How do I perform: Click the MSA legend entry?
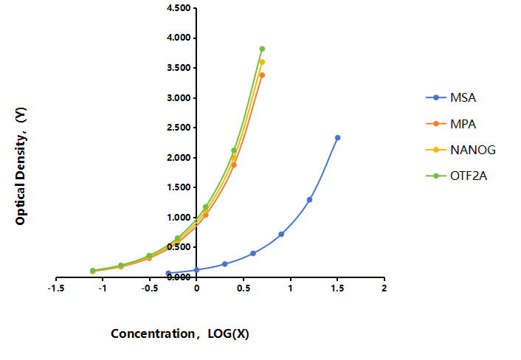pyautogui.click(x=451, y=97)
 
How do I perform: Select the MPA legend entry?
pyautogui.click(x=451, y=124)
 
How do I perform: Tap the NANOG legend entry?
pyautogui.click(x=460, y=150)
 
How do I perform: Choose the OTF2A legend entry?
pyautogui.click(x=456, y=176)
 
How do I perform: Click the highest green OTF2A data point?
pyautogui.click(x=262, y=49)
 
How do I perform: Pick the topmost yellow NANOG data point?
pyautogui.click(x=262, y=62)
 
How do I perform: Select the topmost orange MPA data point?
pyautogui.click(x=262, y=75)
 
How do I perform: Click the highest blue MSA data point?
pyautogui.click(x=337, y=137)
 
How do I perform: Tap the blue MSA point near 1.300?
pyautogui.click(x=309, y=200)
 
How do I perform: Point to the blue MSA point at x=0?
pyautogui.click(x=196, y=270)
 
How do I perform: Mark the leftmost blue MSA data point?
pyautogui.click(x=168, y=273)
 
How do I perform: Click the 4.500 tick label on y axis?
pyautogui.click(x=179, y=8)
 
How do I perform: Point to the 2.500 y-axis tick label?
pyautogui.click(x=179, y=128)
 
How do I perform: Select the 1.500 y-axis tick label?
pyautogui.click(x=179, y=187)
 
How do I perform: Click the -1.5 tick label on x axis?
pyautogui.click(x=56, y=288)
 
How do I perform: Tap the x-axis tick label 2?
pyautogui.click(x=384, y=288)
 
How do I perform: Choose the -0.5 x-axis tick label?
pyautogui.click(x=150, y=288)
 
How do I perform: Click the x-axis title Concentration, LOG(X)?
pyautogui.click(x=180, y=333)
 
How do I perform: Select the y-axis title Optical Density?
pyautogui.click(x=21, y=166)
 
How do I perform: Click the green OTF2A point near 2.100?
pyautogui.click(x=234, y=150)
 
